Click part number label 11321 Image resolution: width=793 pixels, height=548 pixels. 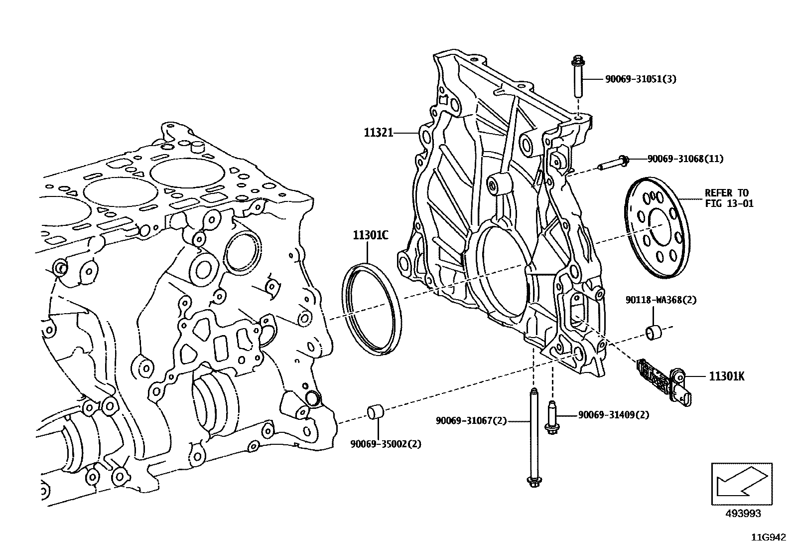coord(379,133)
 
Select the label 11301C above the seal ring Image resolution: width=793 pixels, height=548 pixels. coord(371,235)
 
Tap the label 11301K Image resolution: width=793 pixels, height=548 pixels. coord(726,376)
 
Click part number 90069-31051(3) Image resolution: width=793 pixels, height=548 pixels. coord(641,79)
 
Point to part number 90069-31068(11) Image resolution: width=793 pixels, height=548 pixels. coord(685,159)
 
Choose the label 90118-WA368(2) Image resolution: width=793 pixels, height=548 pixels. coord(661,300)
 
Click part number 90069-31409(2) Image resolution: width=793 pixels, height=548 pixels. coord(613,414)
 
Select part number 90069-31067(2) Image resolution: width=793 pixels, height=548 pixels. coord(471,421)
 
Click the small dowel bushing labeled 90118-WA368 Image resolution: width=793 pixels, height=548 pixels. coord(654,333)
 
